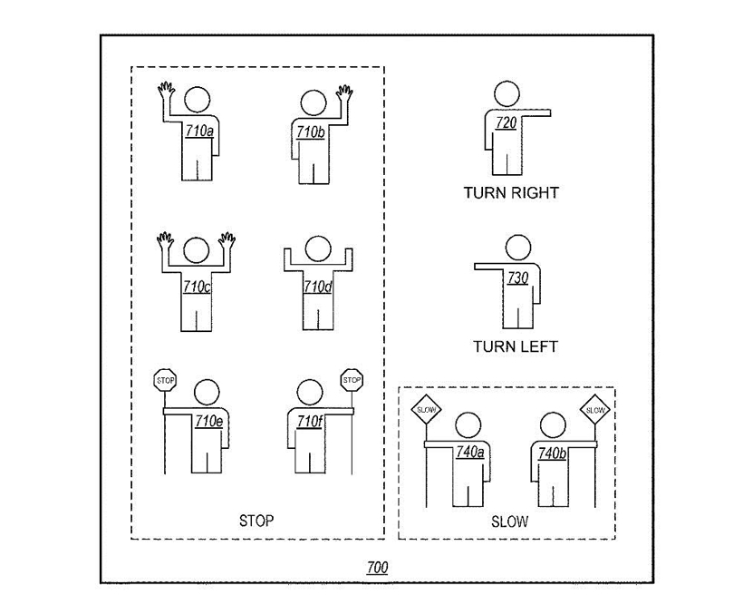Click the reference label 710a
[199, 131]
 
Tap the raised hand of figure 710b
[344, 93]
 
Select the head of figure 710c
[197, 250]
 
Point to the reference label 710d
[317, 287]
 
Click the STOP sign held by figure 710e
[166, 380]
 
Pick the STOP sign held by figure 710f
[352, 380]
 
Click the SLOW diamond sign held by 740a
[426, 410]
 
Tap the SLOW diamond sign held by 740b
[595, 410]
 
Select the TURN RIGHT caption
[511, 193]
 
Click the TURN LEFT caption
[515, 346]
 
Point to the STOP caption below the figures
[256, 521]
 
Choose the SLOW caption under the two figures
[509, 522]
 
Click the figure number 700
[377, 568]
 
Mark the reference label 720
[506, 123]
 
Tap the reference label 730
[517, 278]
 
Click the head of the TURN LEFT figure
[518, 248]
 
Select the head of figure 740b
[553, 424]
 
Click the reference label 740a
[470, 453]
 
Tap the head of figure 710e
[207, 392]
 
